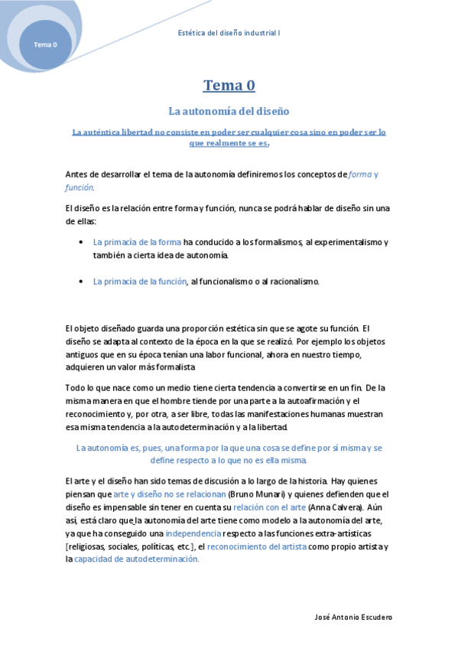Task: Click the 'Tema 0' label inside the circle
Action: (x=44, y=44)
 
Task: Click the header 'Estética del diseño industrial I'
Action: (x=229, y=33)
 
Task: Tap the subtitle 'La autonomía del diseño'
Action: (x=229, y=111)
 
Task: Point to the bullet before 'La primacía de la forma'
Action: (x=81, y=242)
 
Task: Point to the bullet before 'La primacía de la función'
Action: (x=81, y=282)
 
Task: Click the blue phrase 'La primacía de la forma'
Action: (x=137, y=242)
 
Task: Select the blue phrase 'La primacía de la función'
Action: (x=140, y=282)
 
